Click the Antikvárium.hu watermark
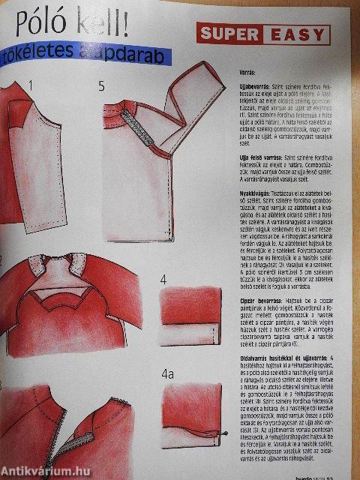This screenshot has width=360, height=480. pos(40,469)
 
